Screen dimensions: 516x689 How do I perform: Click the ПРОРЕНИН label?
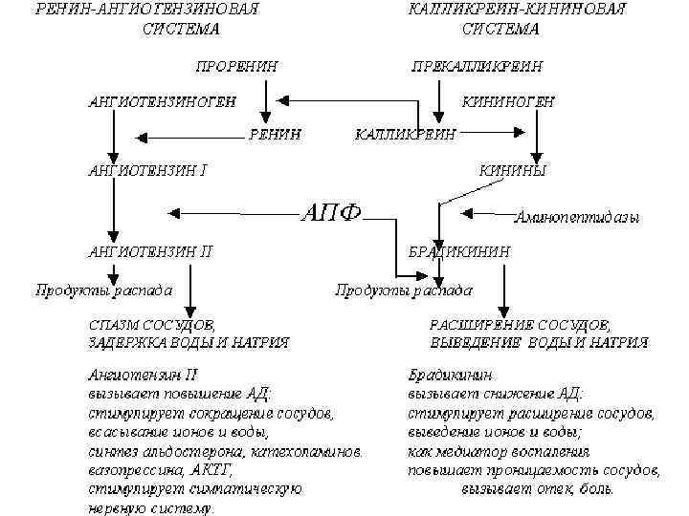[237, 66]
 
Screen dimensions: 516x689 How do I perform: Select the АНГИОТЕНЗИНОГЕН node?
[160, 100]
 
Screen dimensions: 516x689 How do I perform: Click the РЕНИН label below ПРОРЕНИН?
[276, 134]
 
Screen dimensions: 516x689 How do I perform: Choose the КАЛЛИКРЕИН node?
[405, 134]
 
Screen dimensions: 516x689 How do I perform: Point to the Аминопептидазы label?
[576, 217]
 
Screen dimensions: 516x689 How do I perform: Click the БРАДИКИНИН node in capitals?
[459, 252]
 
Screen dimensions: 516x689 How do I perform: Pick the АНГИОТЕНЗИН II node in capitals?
[149, 252]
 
